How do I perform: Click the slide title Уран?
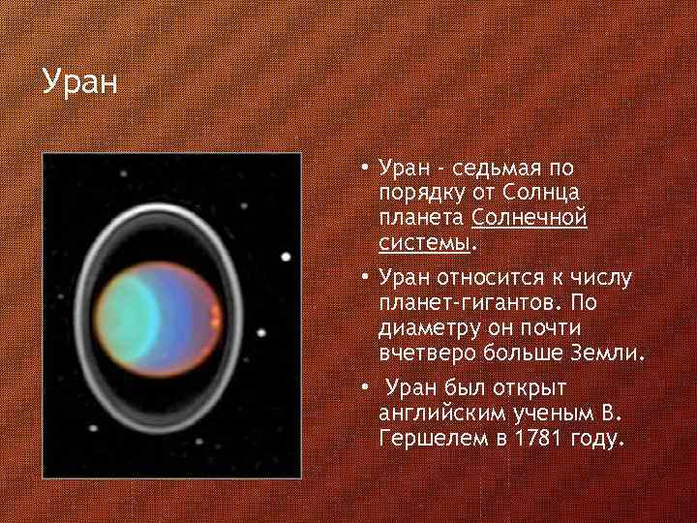(x=79, y=81)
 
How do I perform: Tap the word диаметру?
(x=431, y=327)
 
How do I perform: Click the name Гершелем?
(x=427, y=439)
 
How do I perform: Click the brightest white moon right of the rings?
(x=287, y=257)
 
